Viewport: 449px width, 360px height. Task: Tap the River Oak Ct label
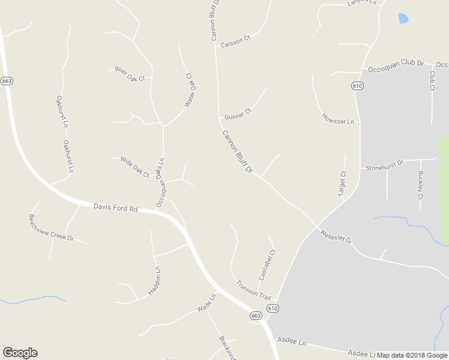130,74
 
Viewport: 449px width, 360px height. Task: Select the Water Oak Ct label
190,90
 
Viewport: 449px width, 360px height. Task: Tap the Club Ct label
432,80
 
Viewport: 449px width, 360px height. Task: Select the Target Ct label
343,184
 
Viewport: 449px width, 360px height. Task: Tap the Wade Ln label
206,304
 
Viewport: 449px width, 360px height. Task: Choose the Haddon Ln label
155,281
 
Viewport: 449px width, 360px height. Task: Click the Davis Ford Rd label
116,208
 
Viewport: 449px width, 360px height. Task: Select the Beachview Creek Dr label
51,228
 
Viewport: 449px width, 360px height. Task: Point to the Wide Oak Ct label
134,166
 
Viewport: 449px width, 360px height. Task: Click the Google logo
20,353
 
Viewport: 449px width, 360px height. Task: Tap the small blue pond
403,19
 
